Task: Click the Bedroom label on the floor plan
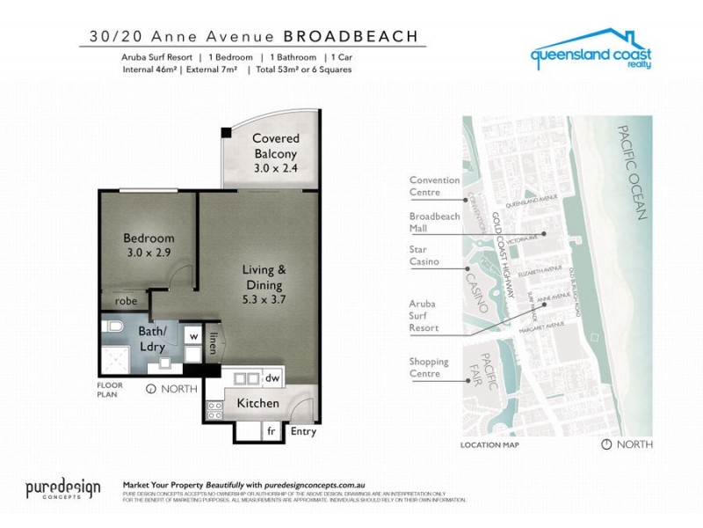click(148, 238)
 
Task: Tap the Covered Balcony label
click(276, 138)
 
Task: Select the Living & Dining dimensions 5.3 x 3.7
click(263, 298)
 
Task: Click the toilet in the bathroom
click(112, 326)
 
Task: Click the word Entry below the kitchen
click(302, 432)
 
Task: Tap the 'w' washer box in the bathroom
click(192, 336)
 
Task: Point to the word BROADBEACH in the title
click(355, 37)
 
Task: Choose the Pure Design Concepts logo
click(62, 489)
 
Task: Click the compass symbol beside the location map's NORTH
click(605, 444)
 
